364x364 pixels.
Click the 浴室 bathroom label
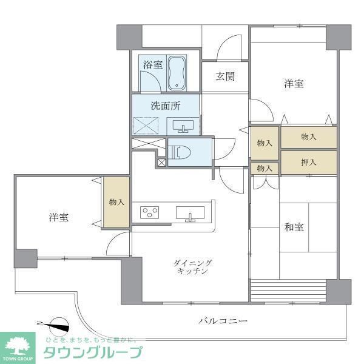click(153, 64)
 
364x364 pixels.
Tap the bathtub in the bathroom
click(177, 72)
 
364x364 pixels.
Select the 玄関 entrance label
click(224, 76)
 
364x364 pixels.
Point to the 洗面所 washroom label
click(166, 105)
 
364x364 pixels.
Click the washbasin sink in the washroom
click(183, 126)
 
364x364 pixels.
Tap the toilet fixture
click(181, 152)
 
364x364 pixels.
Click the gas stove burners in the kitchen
click(150, 212)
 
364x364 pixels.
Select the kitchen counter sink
click(190, 214)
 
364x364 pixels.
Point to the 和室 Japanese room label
click(294, 228)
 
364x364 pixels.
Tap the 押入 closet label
click(308, 162)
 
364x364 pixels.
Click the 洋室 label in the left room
click(59, 217)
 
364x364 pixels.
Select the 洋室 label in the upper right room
click(294, 84)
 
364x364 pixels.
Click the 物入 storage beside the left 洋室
click(116, 202)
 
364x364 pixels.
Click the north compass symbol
click(58, 325)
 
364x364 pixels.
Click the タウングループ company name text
click(92, 352)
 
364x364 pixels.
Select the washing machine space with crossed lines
click(149, 126)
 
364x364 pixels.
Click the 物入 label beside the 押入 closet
click(264, 168)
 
